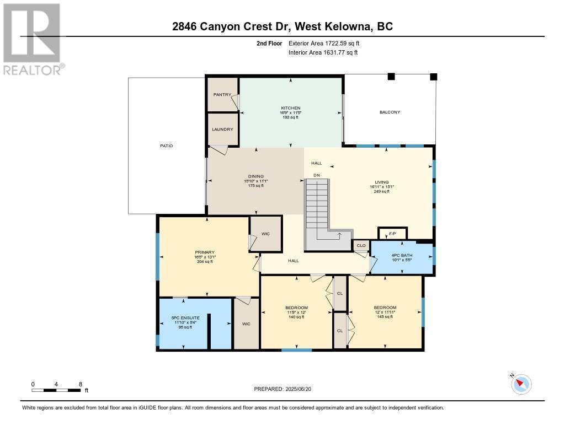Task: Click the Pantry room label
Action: coord(222,94)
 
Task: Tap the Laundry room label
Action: coord(222,130)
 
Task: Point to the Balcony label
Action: coord(390,112)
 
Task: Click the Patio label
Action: coord(167,146)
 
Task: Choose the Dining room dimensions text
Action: coord(255,181)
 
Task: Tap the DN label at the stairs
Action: coord(317,175)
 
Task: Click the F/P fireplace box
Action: coord(392,234)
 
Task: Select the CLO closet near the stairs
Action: coord(361,245)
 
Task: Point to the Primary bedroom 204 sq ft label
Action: coord(205,262)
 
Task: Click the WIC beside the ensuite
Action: coord(246,324)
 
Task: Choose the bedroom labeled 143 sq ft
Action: coord(385,317)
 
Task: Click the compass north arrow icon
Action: coord(521,384)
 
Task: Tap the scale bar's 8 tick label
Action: coord(81,384)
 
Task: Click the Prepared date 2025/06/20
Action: coord(286,389)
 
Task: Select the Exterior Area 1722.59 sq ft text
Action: coord(324,43)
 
